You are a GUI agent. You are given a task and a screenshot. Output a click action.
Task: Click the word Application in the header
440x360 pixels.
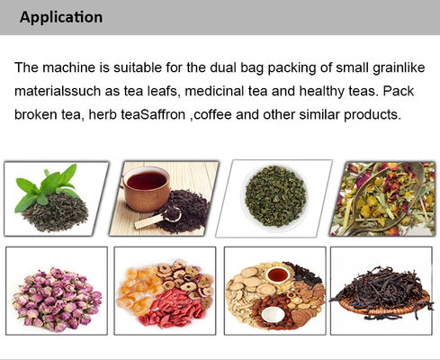[x=61, y=17]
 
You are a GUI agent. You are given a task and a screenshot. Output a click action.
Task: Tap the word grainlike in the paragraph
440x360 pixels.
[x=399, y=67]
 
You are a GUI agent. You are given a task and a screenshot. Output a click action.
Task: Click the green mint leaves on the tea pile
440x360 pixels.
[x=49, y=186]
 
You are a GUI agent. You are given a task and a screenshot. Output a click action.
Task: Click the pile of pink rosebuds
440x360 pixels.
[x=57, y=299]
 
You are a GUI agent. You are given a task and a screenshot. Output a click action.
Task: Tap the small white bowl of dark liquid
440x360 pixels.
[x=278, y=274]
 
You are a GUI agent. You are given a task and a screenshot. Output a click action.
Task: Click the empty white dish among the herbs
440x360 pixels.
[x=273, y=315]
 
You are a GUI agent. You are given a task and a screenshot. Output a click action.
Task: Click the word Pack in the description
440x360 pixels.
[x=399, y=91]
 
